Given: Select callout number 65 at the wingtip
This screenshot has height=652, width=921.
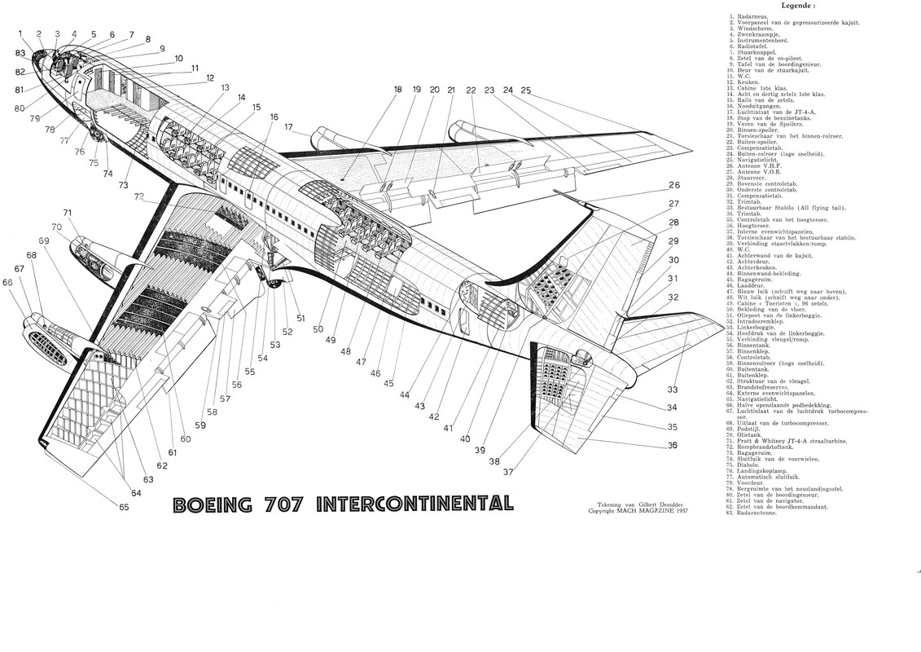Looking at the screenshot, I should coord(123,508).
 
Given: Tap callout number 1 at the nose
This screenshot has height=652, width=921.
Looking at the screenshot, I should coord(20,33).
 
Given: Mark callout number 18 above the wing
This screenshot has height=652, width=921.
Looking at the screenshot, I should coord(398,90).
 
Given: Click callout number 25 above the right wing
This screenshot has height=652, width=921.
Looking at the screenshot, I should coord(526,90).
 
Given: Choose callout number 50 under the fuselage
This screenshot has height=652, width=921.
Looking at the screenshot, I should coord(318,329).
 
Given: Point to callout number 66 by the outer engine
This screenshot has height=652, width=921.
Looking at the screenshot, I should coord(8,282).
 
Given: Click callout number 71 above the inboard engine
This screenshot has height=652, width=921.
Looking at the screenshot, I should coord(68,214).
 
